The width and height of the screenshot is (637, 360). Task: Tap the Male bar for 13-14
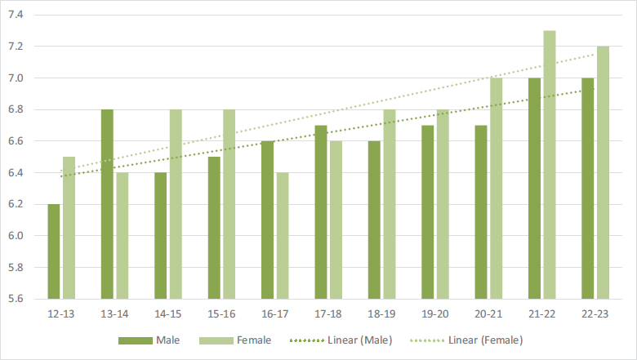click(107, 204)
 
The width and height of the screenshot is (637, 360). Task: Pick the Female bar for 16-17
click(283, 236)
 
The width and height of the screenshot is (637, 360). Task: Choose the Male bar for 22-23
click(588, 189)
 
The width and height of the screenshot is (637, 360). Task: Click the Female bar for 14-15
click(176, 204)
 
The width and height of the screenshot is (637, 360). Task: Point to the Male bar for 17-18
click(321, 212)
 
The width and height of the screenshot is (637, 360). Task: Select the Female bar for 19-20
click(443, 204)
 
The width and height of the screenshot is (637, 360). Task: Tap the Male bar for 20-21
click(481, 212)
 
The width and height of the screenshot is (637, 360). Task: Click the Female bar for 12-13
click(69, 228)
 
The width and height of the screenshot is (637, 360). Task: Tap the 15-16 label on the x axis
click(221, 313)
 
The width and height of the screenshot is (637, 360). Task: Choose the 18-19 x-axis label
click(382, 313)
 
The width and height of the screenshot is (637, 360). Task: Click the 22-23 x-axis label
click(595, 313)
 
